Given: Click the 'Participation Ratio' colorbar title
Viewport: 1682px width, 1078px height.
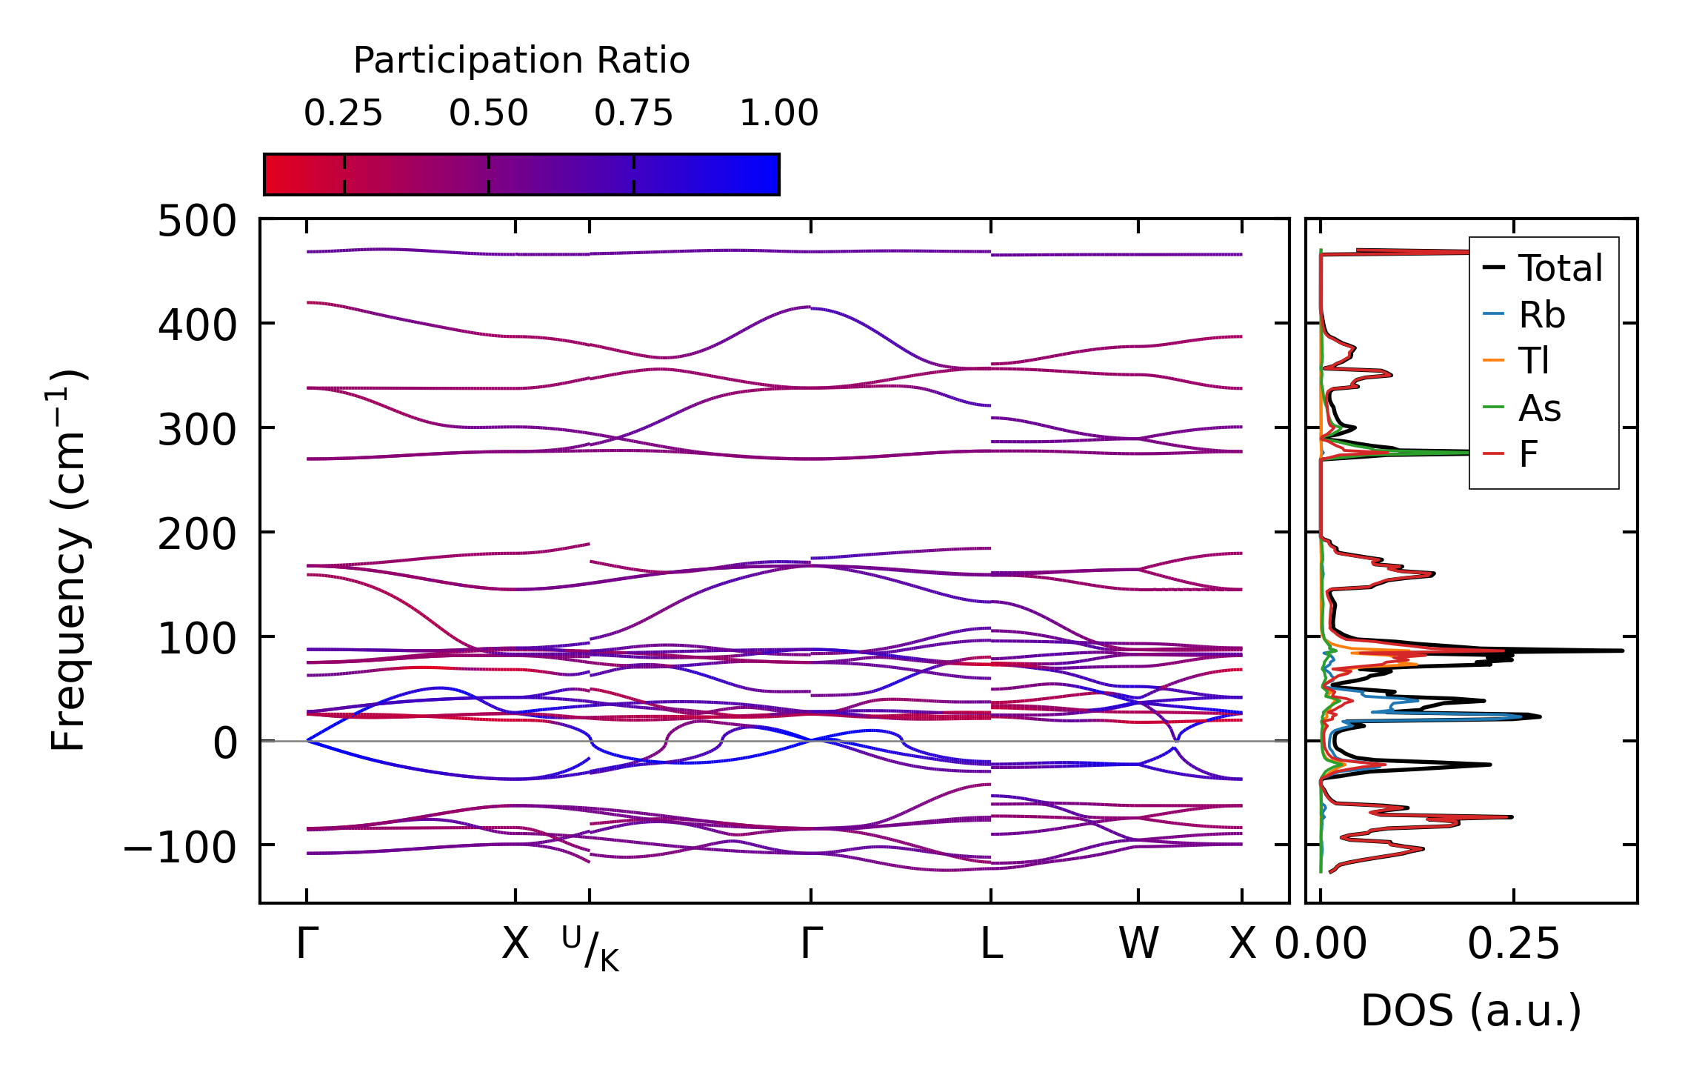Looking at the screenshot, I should pyautogui.click(x=521, y=61).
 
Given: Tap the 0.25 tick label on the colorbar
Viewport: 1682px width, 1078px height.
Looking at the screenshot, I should pyautogui.click(x=343, y=113).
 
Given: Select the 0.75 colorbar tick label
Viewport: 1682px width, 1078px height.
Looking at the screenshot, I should pyautogui.click(x=633, y=113).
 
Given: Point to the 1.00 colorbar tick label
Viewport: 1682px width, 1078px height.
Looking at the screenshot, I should pyautogui.click(x=778, y=113).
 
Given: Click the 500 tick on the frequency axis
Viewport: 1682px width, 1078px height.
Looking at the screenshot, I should pyautogui.click(x=197, y=222).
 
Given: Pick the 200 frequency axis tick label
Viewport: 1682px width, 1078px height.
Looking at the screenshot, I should pyautogui.click(x=197, y=534).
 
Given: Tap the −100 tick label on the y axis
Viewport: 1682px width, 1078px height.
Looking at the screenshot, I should pyautogui.click(x=180, y=847).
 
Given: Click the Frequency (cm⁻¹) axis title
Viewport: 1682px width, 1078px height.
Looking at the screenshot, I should pyautogui.click(x=69, y=560).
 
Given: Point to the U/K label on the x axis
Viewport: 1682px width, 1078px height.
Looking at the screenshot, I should pyautogui.click(x=590, y=948).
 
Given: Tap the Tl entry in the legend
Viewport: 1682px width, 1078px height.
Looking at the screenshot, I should pyautogui.click(x=1533, y=361).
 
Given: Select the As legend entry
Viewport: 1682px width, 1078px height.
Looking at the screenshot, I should pyautogui.click(x=1540, y=408).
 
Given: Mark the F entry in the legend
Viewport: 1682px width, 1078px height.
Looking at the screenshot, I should pyautogui.click(x=1528, y=454).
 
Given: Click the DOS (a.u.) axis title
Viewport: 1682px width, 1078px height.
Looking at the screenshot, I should pyautogui.click(x=1471, y=1011).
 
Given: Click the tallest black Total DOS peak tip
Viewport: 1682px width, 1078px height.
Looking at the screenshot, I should pyautogui.click(x=1622, y=651).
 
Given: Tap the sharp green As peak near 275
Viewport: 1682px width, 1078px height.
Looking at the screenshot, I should pyautogui.click(x=1463, y=452).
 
